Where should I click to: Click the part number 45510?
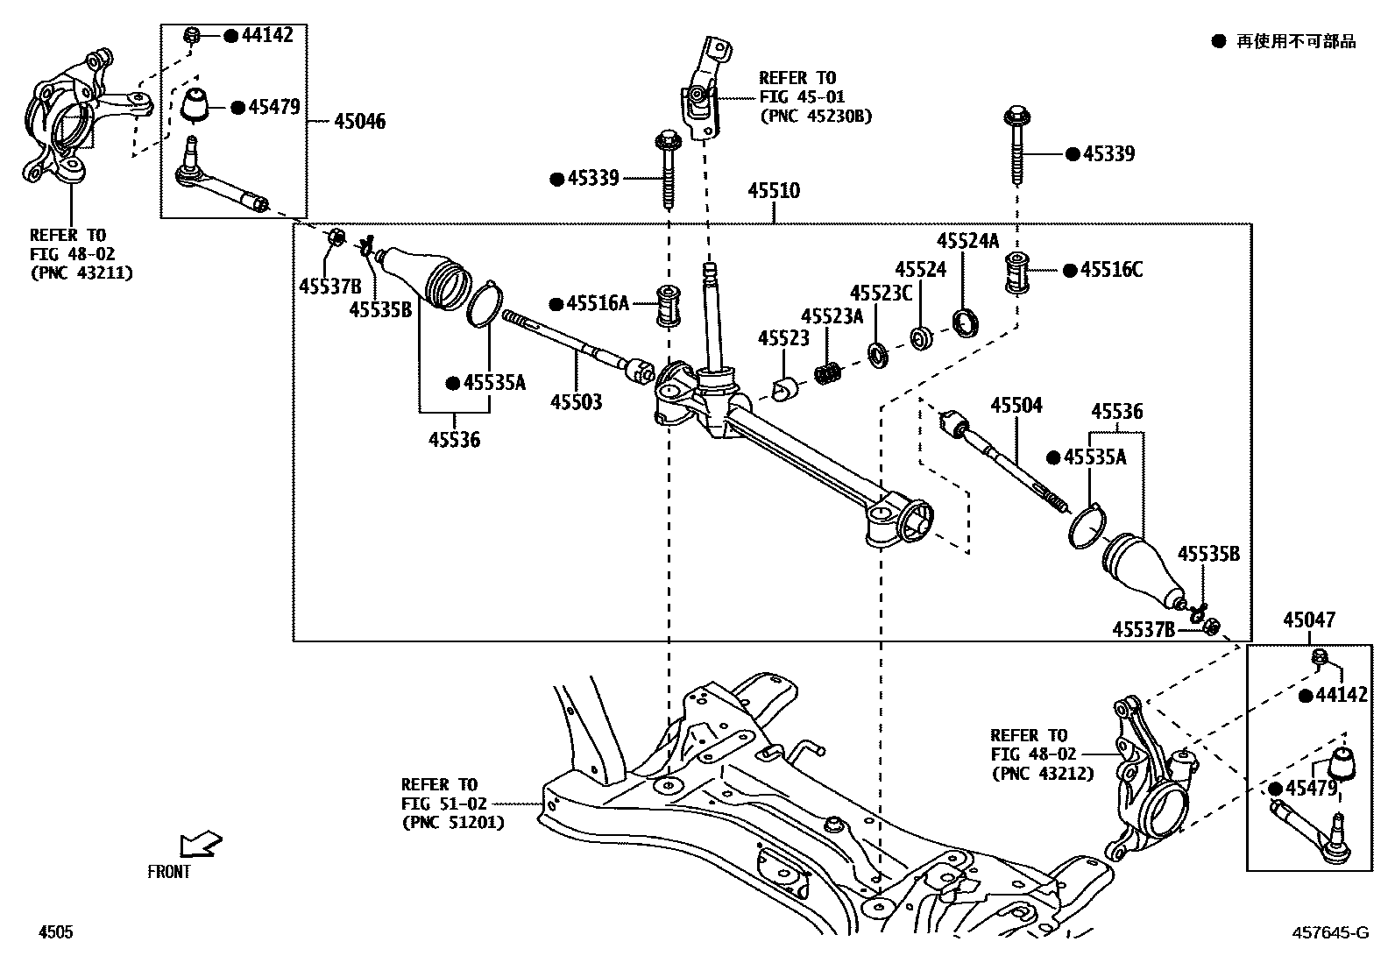point(774,191)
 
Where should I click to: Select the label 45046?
point(359,121)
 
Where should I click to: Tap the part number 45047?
point(1309,620)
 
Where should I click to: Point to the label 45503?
point(576,402)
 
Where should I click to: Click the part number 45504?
point(1016,406)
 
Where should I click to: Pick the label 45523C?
point(881,293)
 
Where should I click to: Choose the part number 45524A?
point(967,241)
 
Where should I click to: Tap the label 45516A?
point(598,304)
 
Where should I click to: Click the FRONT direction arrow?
point(199,846)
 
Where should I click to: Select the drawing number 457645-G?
point(1329,933)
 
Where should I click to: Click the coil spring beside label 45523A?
point(828,372)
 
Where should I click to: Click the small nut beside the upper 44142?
point(193,36)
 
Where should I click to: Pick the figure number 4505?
point(54,933)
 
